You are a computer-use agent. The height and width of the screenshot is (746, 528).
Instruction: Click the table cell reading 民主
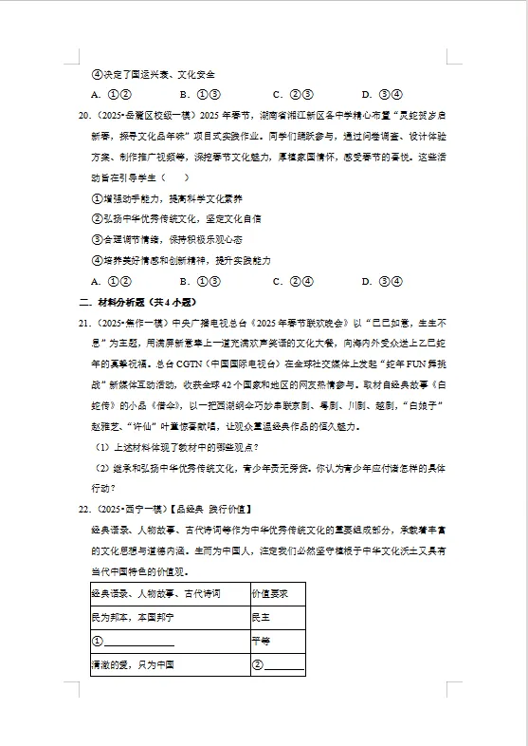pos(261,617)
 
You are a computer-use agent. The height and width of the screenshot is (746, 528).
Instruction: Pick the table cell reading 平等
pos(261,641)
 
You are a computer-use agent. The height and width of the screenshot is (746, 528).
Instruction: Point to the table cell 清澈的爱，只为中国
pos(132,665)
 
